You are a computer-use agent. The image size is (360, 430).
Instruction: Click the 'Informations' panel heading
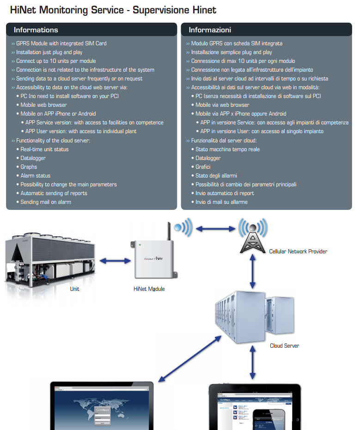(x=36, y=30)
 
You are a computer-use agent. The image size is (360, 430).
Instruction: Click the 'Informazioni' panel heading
(x=210, y=30)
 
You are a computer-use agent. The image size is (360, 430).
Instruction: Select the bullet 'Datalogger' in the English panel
(x=33, y=158)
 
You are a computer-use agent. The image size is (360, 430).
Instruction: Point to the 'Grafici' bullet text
(x=203, y=167)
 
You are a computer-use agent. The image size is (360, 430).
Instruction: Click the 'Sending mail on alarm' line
(x=46, y=202)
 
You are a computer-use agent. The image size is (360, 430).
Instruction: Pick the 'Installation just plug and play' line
(x=49, y=52)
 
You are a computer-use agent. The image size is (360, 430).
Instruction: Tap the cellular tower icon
(x=252, y=236)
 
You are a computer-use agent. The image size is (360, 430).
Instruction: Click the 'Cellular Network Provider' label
(x=298, y=252)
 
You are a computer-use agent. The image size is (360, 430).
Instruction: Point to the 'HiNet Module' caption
(x=149, y=289)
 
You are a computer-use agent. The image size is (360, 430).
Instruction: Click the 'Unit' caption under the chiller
(x=74, y=289)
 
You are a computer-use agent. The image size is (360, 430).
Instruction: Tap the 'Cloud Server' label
(x=284, y=346)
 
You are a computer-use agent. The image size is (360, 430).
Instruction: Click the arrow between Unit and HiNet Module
(x=115, y=261)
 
